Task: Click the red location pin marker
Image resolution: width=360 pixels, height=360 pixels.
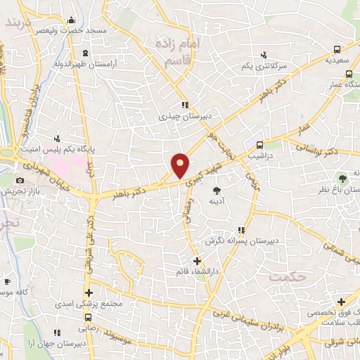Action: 181,165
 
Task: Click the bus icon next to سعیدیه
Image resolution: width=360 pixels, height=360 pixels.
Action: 337,50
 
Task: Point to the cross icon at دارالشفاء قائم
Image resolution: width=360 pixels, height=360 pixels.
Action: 197,262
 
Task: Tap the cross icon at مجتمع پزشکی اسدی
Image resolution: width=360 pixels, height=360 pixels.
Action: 89,293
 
